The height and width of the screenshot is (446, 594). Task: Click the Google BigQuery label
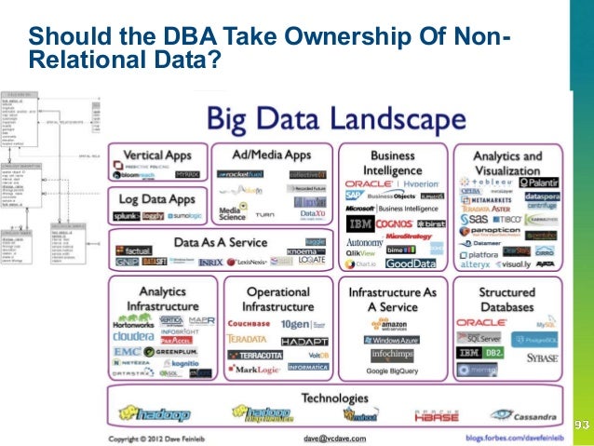[x=391, y=371]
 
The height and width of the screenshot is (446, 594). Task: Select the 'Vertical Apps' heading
[x=155, y=155]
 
